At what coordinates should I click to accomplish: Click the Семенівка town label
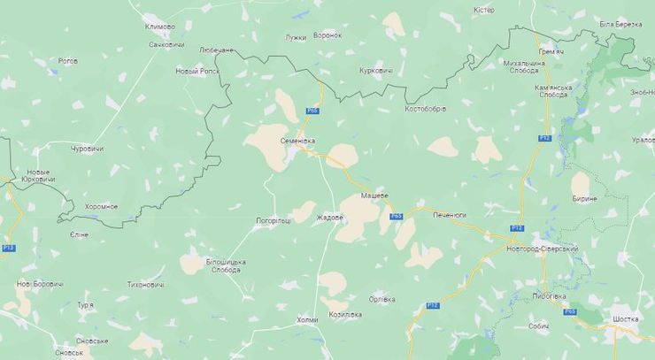point(297,141)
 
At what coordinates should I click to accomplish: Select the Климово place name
point(159,27)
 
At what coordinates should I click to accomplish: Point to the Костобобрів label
point(425,109)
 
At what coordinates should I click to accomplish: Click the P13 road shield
point(8,248)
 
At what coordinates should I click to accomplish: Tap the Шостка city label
point(625,318)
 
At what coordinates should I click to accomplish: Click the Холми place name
point(306,319)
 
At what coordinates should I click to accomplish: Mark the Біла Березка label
point(620,23)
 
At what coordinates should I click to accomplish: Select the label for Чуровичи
point(87,148)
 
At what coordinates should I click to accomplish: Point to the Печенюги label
point(450,215)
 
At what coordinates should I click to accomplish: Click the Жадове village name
point(329,218)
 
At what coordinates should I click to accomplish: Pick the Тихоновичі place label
point(146,285)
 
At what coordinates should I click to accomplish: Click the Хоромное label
point(101,206)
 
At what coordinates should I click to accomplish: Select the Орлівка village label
point(382,298)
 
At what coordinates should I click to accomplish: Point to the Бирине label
point(584,199)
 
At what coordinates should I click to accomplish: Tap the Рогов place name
point(67,61)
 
